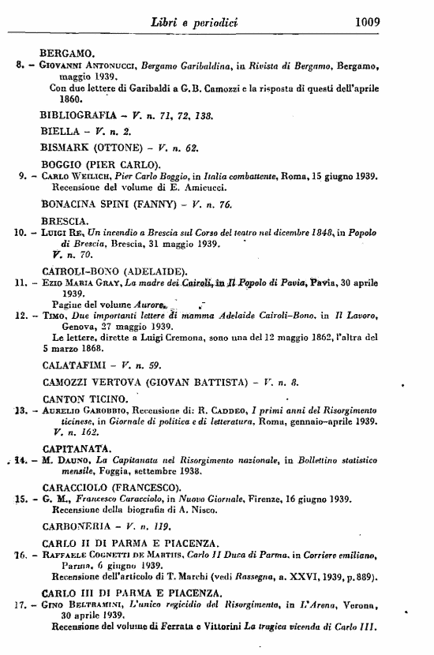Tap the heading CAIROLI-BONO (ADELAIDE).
98,270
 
